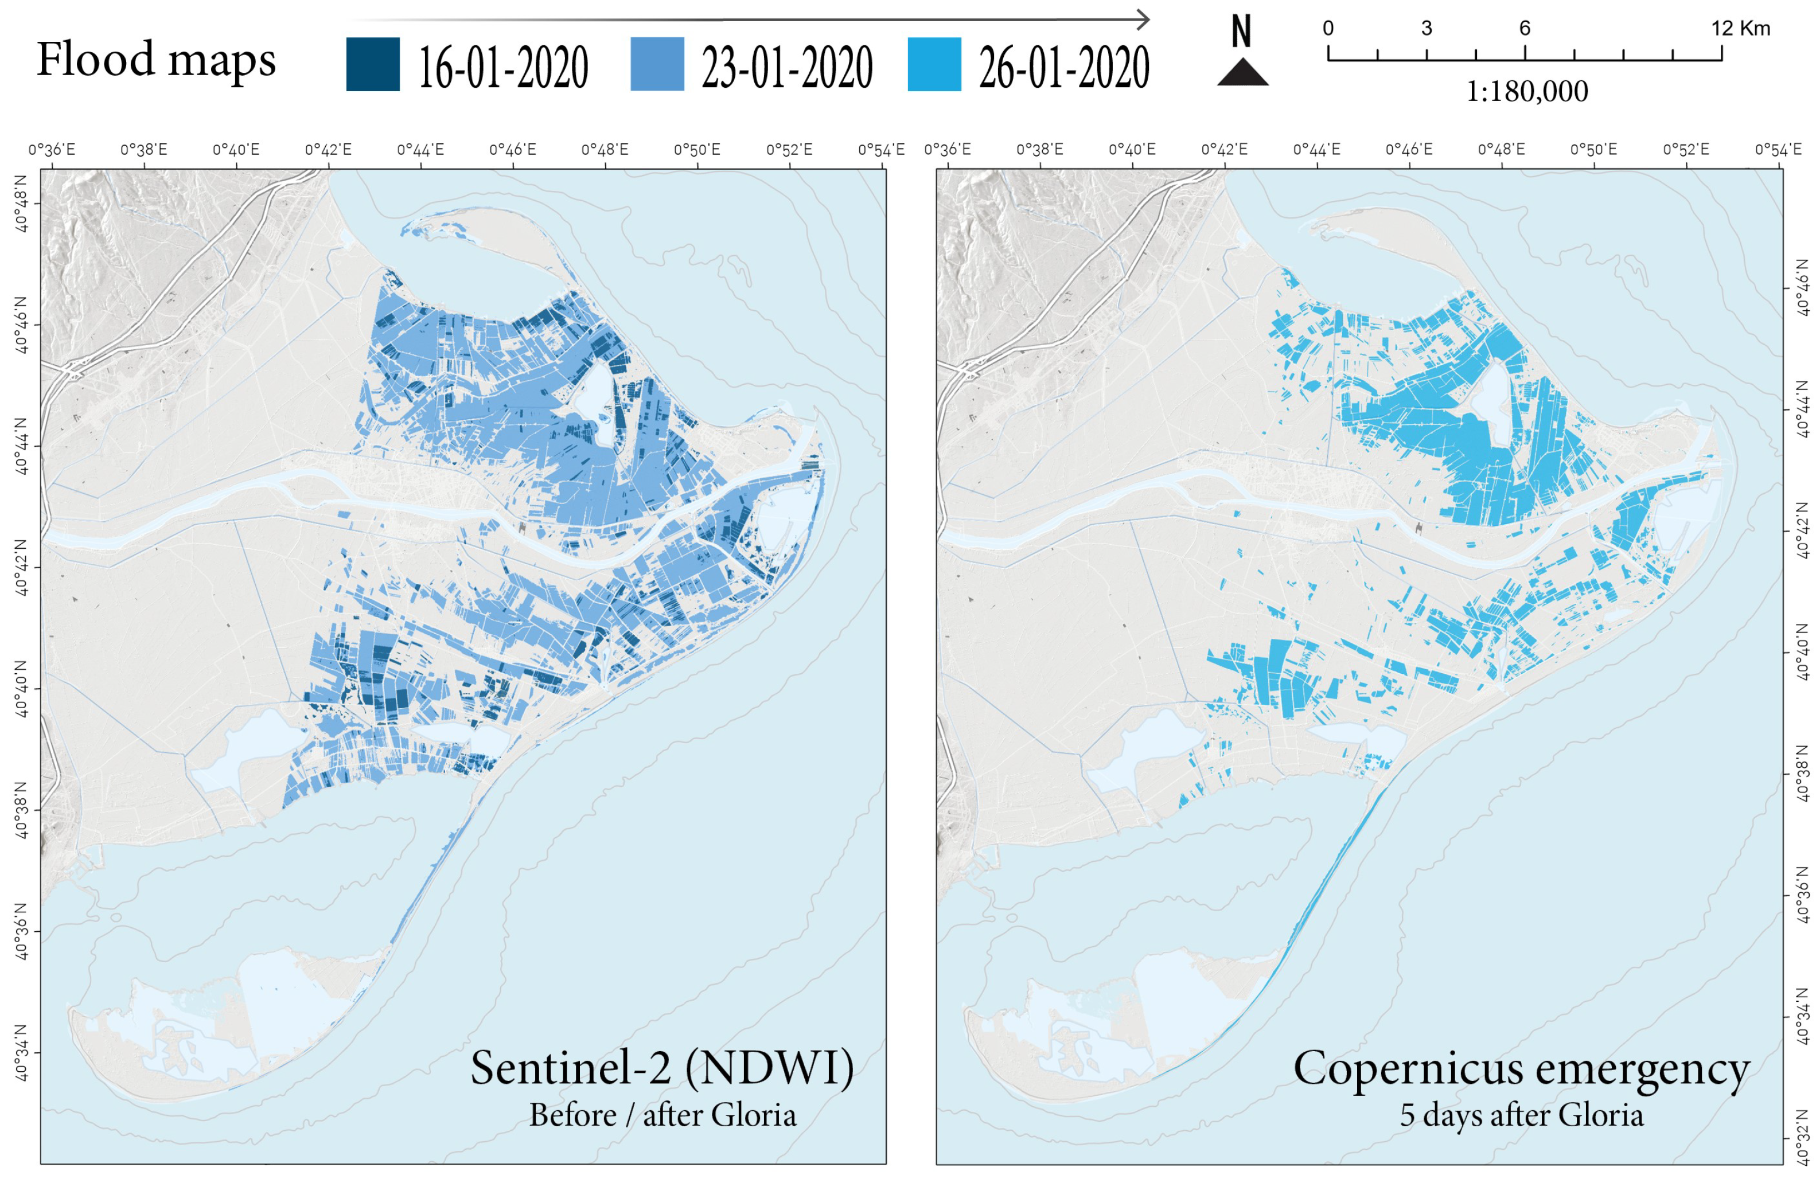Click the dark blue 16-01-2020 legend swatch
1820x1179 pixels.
[372, 64]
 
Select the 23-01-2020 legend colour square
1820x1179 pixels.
[657, 64]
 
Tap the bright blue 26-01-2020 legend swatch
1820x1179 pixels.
[934, 64]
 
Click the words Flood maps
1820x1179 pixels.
[156, 60]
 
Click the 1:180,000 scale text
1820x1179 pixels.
[1526, 92]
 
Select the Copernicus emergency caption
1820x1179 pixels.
[1521, 1069]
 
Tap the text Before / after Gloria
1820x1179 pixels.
[662, 1115]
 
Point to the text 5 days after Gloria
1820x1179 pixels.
[1521, 1115]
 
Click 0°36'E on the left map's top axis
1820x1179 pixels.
[52, 149]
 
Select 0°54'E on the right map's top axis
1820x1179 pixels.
[1778, 149]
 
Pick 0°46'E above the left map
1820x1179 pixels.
[512, 149]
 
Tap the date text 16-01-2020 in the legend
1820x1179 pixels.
[503, 67]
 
